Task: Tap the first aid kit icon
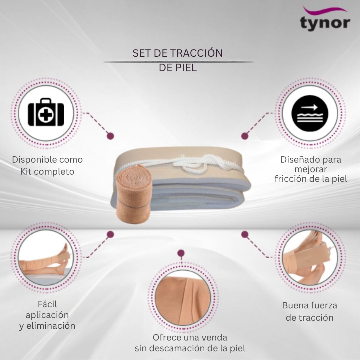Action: (x=46, y=112)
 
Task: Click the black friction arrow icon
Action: (x=310, y=113)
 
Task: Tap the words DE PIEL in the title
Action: (x=178, y=67)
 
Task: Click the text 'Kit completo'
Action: (x=47, y=172)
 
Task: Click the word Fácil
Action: (x=47, y=304)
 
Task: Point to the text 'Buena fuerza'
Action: (x=310, y=305)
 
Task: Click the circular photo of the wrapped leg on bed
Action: (x=46, y=257)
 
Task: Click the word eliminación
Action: (x=51, y=326)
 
